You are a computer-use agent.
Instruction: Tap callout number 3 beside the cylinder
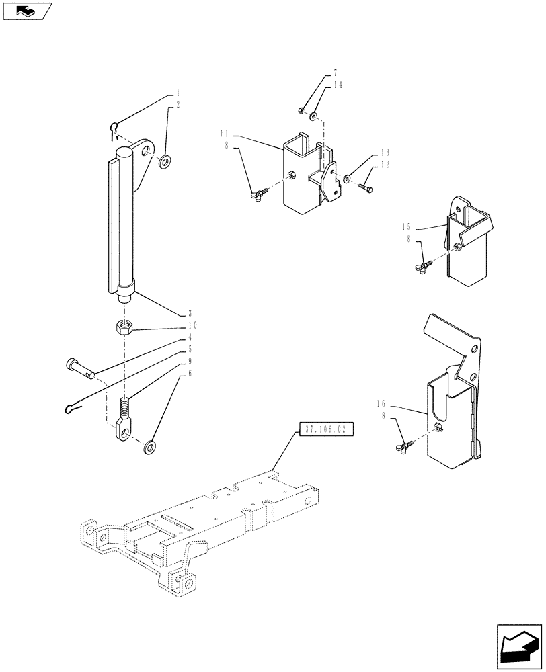click(190, 313)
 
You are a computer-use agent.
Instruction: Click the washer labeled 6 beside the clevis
click(150, 445)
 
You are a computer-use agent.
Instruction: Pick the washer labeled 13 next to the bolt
click(346, 179)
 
